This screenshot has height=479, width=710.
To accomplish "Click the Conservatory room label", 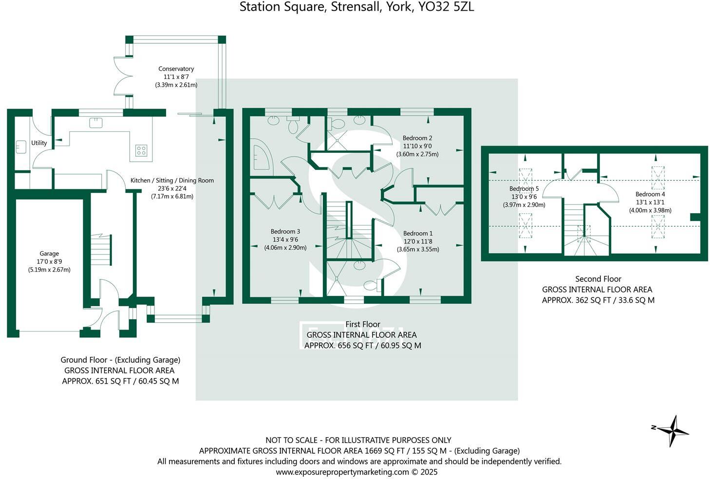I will coord(176,69).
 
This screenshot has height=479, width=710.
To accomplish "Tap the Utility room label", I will coord(39,143).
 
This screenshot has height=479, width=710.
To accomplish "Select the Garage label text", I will coord(49,254).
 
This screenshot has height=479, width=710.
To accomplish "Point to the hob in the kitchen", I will coord(141,150).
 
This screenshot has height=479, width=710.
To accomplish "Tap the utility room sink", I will coord(20,146).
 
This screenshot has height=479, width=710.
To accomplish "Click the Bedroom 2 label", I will coord(417,138).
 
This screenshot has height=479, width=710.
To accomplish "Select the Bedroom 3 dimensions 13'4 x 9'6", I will coord(285,239).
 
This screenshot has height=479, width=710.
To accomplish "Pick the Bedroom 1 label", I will coord(417,234).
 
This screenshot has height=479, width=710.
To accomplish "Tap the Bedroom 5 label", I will coord(524,189).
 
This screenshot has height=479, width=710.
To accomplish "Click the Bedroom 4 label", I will coord(650,194).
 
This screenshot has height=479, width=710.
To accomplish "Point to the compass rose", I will coord(672,430).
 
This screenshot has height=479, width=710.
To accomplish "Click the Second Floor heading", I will coord(598,279).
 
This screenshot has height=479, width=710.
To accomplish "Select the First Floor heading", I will coord(363,324).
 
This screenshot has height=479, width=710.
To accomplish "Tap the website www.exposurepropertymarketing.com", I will coord(342,472).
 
